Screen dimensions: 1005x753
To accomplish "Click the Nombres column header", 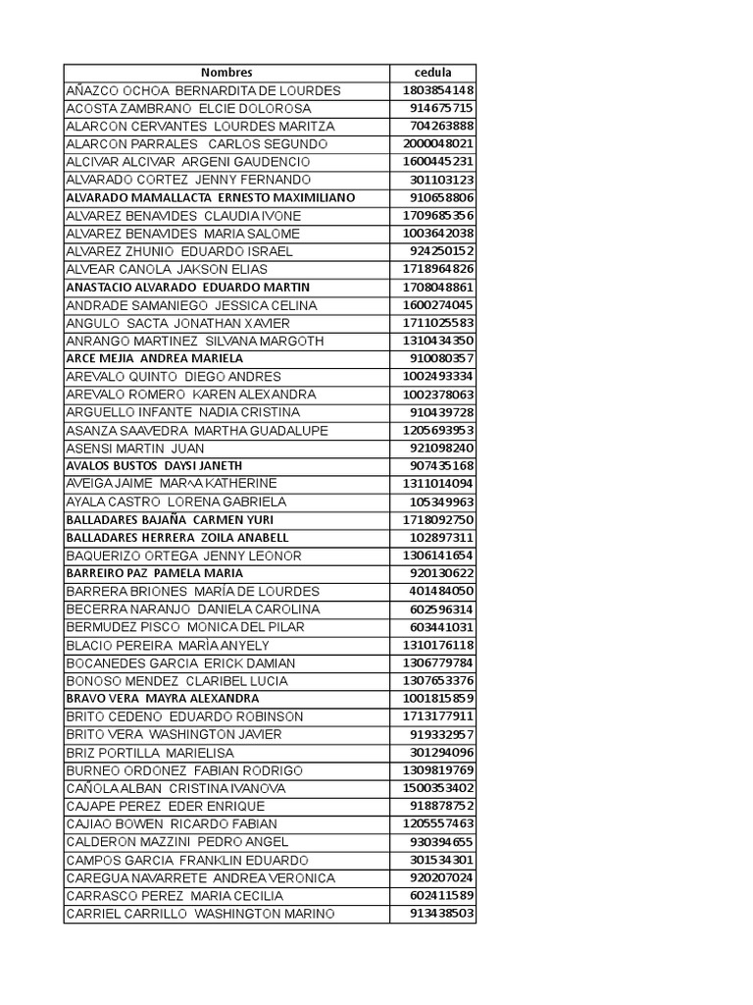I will tap(226, 73).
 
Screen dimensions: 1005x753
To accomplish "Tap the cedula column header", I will tap(433, 73).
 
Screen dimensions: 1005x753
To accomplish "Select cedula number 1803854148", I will tap(438, 90).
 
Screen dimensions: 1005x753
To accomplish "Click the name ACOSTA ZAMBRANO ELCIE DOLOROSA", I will tap(188, 108).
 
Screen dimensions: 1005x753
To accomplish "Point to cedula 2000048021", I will tap(438, 144).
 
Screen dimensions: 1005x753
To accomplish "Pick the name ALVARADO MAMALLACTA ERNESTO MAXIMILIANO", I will tap(211, 197).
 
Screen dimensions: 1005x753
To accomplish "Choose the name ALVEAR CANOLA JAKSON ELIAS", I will tap(167, 269).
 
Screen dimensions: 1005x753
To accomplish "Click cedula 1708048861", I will tap(438, 287).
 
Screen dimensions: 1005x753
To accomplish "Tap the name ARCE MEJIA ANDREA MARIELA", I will tap(155, 358).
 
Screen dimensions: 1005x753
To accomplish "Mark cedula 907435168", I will tap(442, 465).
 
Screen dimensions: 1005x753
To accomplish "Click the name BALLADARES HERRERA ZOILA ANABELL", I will tap(177, 537).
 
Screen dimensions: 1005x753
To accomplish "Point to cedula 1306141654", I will tap(438, 555).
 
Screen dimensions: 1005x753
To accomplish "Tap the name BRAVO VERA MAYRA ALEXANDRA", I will tap(163, 698).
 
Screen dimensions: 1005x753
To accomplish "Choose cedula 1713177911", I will tap(438, 716).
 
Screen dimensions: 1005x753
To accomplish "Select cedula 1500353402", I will tap(438, 788).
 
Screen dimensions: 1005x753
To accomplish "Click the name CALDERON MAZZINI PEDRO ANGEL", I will tap(177, 841).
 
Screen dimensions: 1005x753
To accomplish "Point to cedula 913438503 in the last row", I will tap(442, 913).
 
